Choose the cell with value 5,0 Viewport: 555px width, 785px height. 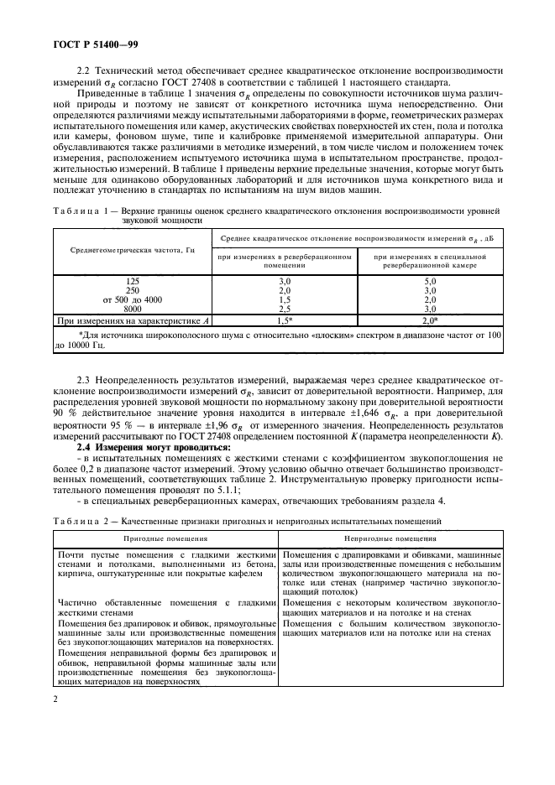tap(431, 281)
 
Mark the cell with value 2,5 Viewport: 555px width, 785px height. tap(284, 309)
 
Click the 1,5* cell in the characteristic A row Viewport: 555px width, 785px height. tap(284, 320)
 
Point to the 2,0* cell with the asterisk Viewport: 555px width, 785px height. tap(431, 320)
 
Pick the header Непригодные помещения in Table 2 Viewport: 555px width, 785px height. tap(389, 539)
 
